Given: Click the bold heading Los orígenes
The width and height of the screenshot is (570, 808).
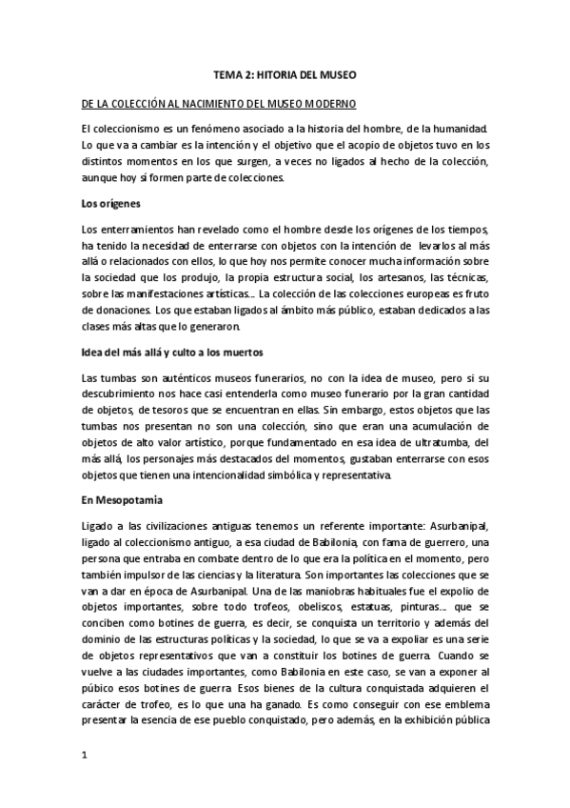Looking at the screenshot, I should tap(111, 204).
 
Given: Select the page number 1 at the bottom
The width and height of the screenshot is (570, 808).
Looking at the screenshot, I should tap(85, 755).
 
